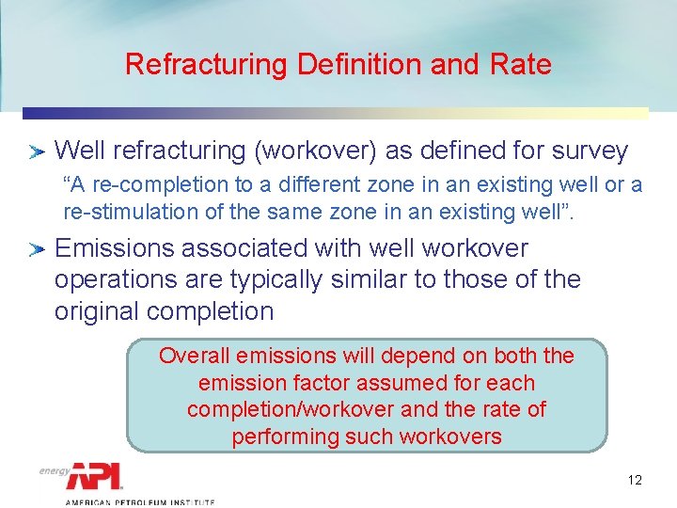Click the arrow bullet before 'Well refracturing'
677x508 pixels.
(37, 151)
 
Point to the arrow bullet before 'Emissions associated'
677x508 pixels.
(37, 250)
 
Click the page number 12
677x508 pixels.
(635, 481)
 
